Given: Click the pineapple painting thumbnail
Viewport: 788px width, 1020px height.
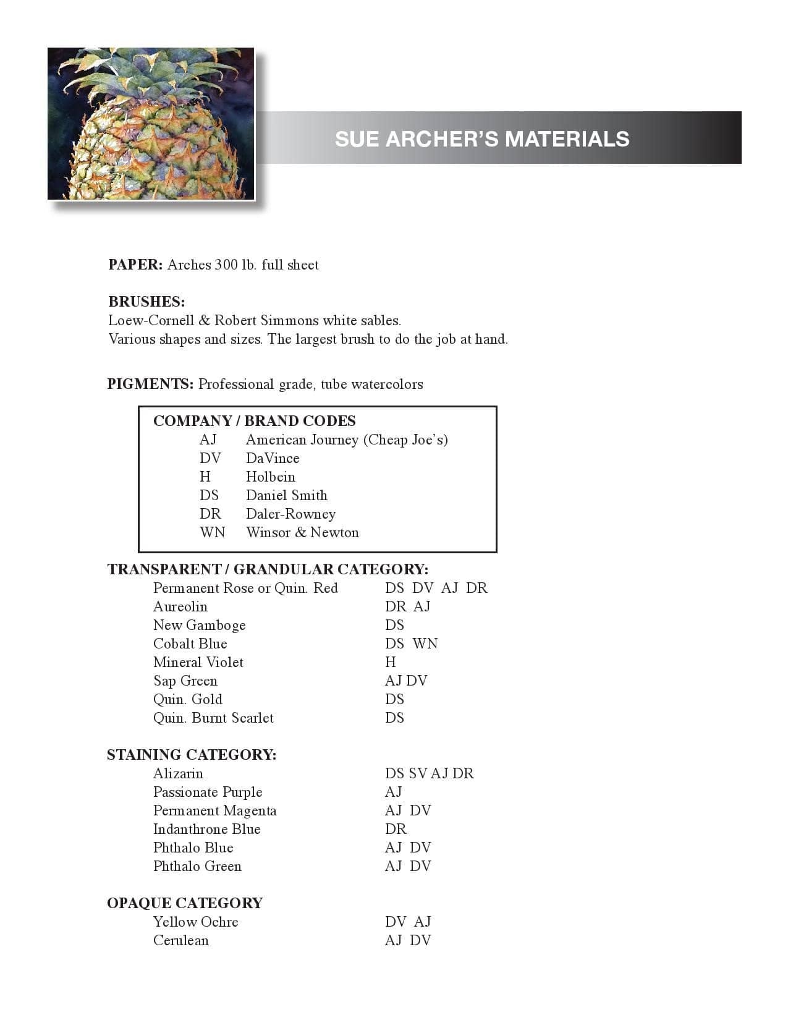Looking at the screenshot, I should (151, 124).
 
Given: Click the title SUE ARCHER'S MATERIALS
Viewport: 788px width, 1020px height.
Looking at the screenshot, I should (482, 138).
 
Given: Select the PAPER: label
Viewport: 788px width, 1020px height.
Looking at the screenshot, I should (135, 265).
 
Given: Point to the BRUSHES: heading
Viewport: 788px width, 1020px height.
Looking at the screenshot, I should (146, 302).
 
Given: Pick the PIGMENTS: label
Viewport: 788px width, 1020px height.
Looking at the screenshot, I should (150, 384).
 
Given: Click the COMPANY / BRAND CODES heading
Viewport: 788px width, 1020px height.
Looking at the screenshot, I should (254, 421).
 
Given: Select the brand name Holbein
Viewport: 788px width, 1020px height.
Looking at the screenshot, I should (270, 477).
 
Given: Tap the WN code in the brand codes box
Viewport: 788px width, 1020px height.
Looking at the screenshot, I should (212, 532).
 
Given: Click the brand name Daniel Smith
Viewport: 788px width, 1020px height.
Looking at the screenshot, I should (286, 495).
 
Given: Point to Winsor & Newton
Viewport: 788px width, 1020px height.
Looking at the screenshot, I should (302, 532).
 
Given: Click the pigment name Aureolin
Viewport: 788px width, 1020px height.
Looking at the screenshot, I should (180, 606).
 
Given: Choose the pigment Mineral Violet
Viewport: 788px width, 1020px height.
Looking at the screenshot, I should (198, 662).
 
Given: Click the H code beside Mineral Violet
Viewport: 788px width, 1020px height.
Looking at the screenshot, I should (390, 662).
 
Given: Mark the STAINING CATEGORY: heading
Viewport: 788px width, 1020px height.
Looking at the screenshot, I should (191, 755).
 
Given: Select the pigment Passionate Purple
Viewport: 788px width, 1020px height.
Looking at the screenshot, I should (207, 792).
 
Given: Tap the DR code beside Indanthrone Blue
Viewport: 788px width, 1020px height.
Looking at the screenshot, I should (396, 829).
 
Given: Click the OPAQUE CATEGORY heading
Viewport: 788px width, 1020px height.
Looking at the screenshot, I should (184, 903).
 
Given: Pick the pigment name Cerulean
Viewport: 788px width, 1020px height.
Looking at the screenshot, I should (180, 940).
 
